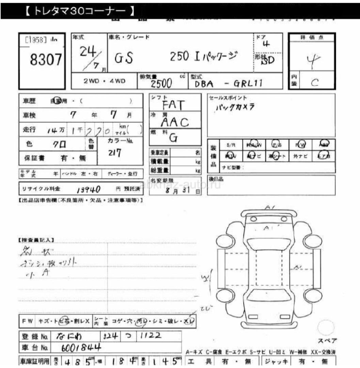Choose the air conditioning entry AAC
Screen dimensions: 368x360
pos(174,122)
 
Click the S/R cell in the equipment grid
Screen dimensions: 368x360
pos(231,145)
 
